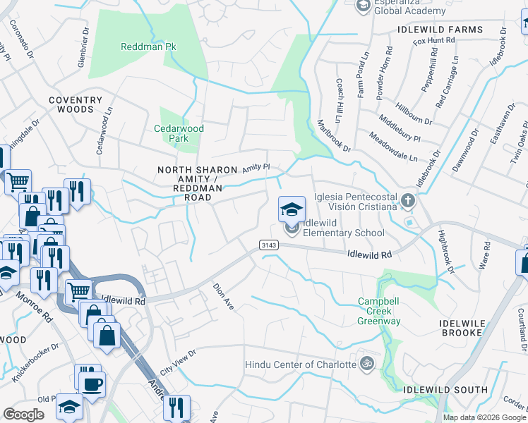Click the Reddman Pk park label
(148, 47)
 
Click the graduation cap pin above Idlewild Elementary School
(292, 209)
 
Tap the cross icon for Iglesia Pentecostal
(407, 202)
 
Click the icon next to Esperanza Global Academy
(363, 6)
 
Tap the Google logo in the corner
(23, 415)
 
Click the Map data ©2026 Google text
(484, 417)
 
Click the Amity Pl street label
(256, 168)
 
